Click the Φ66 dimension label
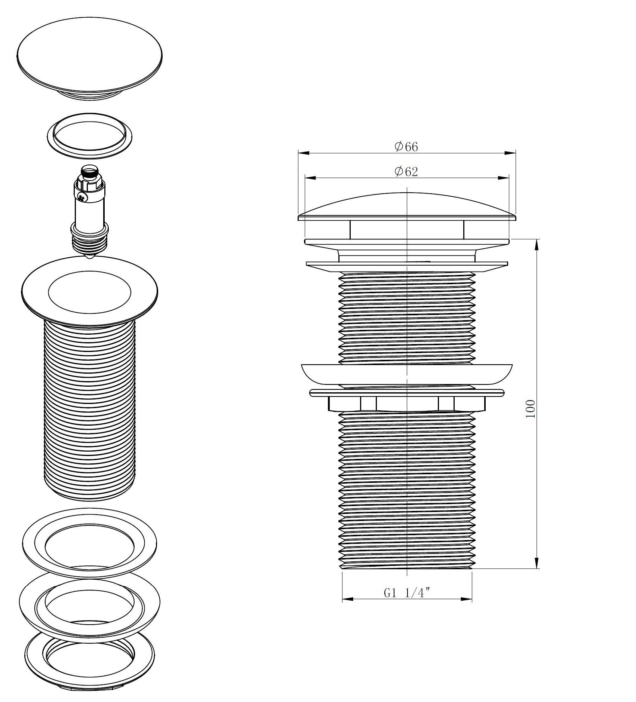(406, 147)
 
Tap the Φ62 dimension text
(406, 172)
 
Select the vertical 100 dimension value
(531, 409)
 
